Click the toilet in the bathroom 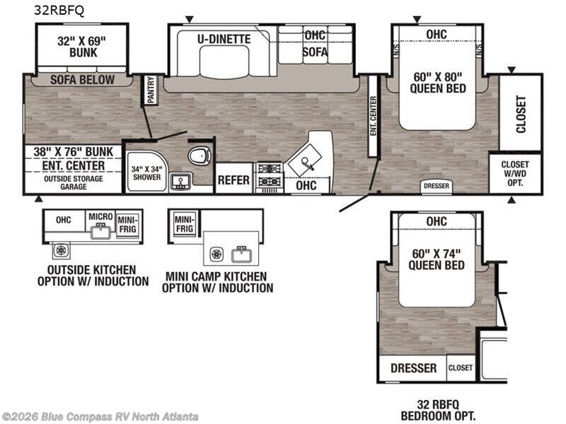200,155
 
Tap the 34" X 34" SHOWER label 146,173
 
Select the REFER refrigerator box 233,178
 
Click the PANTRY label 151,90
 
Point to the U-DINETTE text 224,39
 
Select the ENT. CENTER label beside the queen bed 374,116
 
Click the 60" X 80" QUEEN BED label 438,83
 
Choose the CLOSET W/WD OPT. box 515,173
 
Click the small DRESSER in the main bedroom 437,186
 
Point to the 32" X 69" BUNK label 82,47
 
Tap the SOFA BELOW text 82,80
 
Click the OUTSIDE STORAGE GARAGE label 74,183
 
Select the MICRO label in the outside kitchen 100,216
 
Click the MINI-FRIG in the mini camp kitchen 185,223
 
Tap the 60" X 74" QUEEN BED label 437,259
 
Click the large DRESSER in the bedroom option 413,368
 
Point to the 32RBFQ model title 59,11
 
